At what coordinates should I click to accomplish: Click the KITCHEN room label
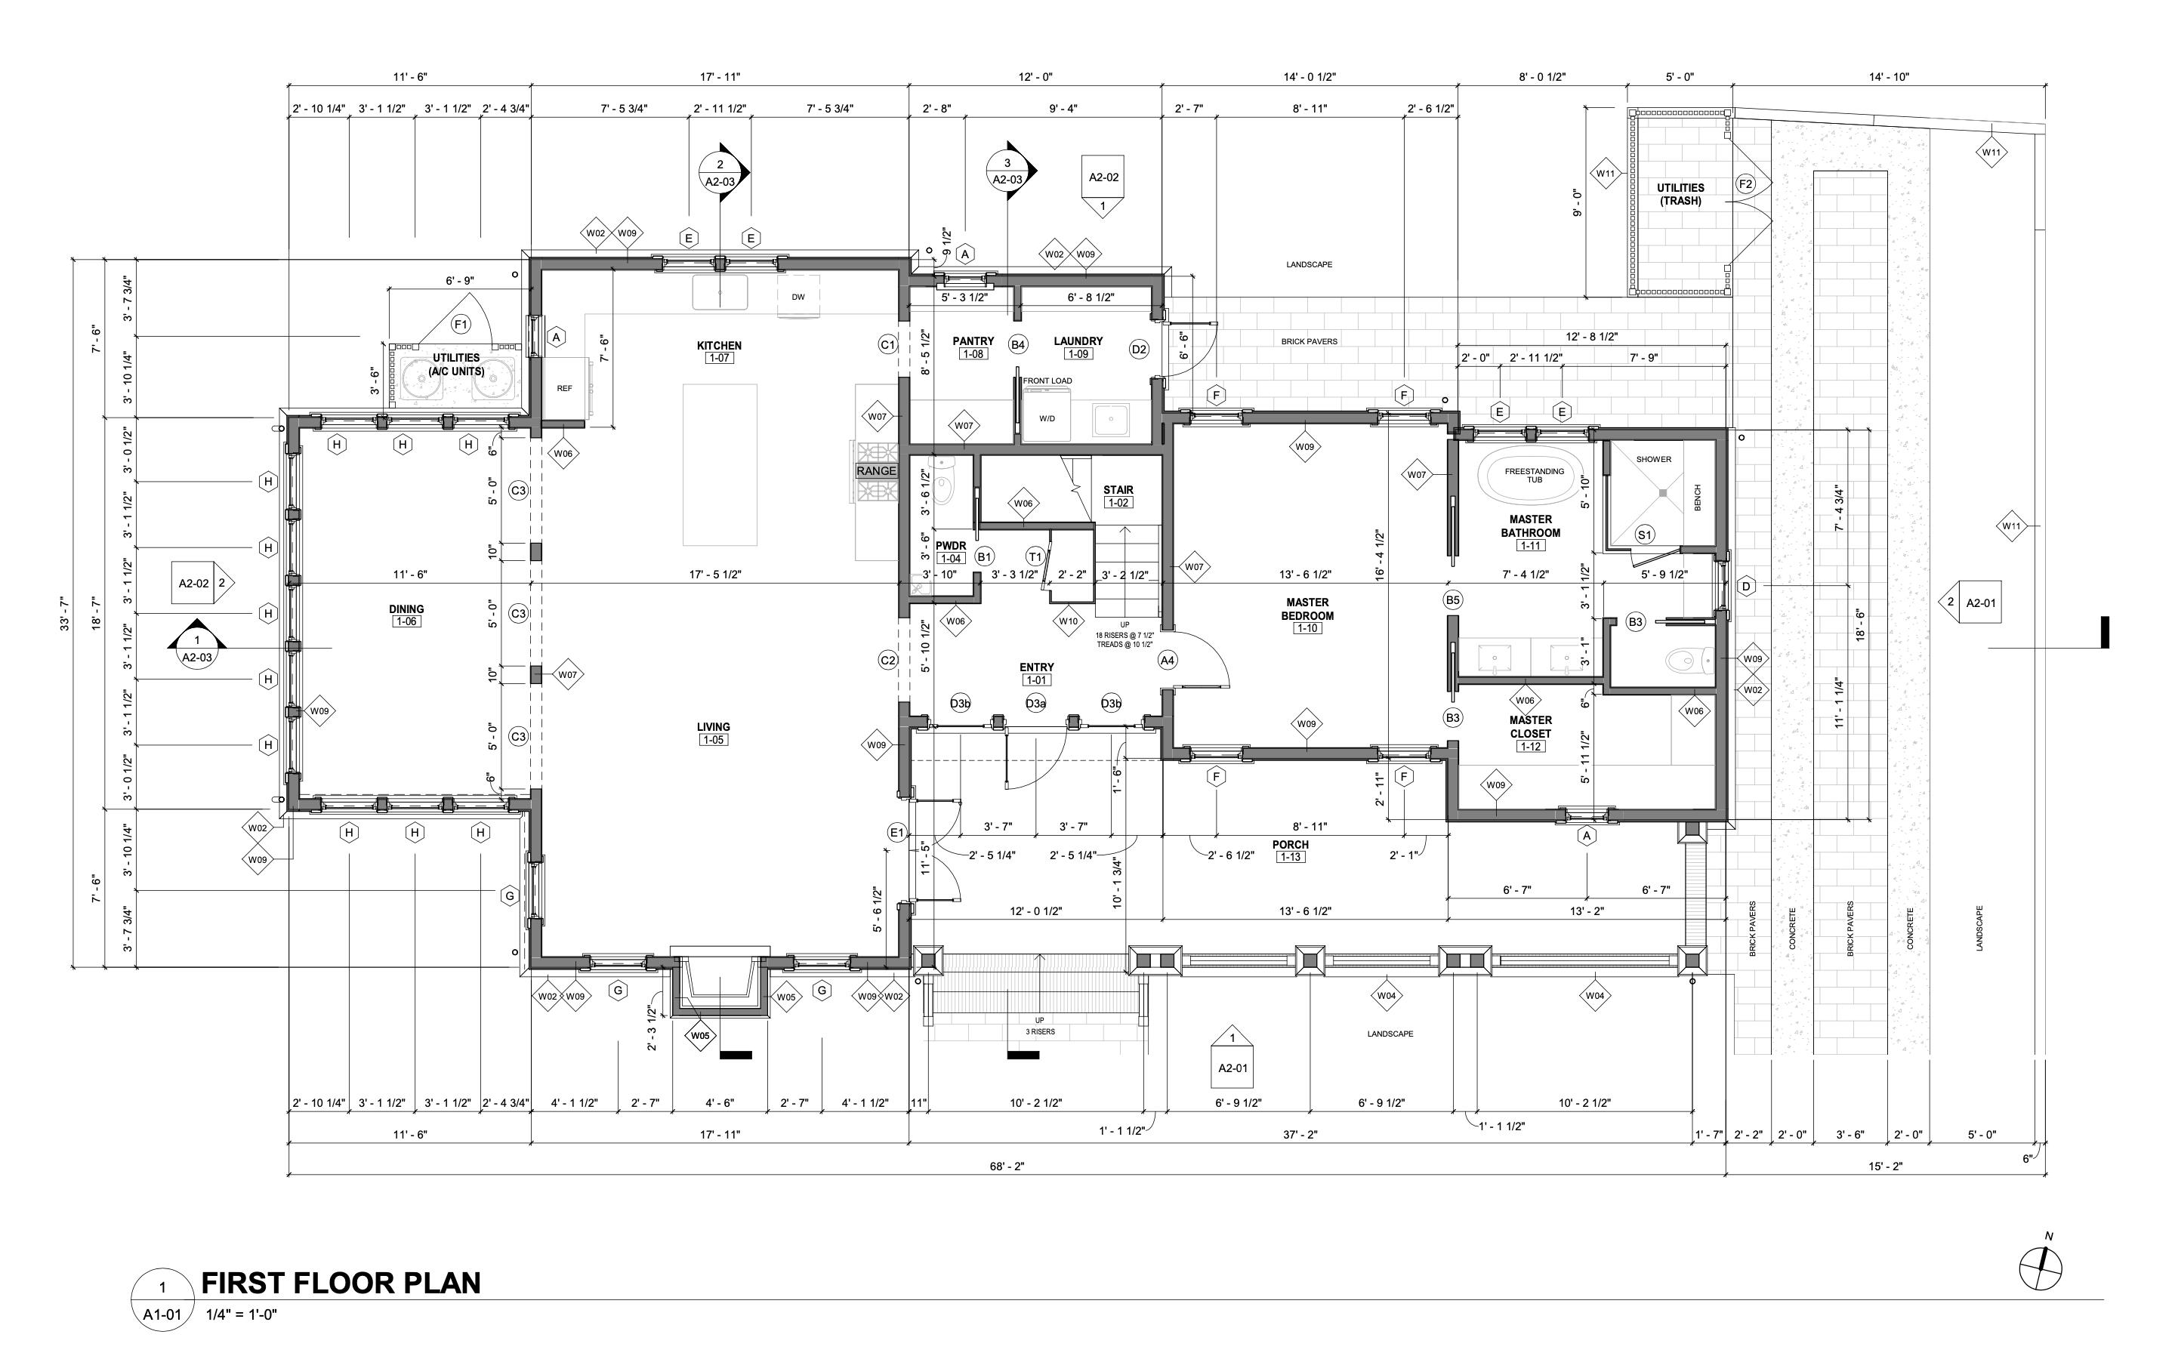click(x=719, y=345)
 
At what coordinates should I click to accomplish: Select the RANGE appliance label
click(x=875, y=471)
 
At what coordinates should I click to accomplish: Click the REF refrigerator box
click(x=564, y=388)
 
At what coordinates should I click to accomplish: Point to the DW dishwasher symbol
click(x=798, y=297)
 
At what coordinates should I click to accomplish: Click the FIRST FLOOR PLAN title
click(x=341, y=1283)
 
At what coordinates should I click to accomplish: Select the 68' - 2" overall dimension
click(x=1007, y=1166)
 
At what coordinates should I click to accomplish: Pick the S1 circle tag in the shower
click(x=1644, y=535)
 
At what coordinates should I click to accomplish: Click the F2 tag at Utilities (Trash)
click(x=1745, y=184)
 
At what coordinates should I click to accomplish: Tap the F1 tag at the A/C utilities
click(x=461, y=325)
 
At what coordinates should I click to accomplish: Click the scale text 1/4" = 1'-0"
click(x=241, y=1314)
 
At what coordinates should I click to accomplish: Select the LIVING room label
click(x=714, y=727)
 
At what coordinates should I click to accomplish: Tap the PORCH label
click(x=1290, y=845)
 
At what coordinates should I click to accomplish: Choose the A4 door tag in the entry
click(x=1167, y=661)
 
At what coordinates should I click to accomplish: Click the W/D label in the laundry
click(x=1047, y=419)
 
